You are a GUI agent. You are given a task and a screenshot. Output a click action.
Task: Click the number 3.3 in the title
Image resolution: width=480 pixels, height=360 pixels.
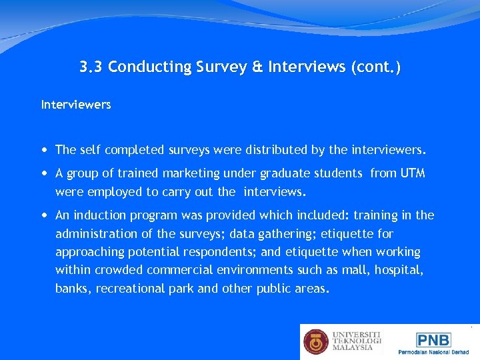pos(91,67)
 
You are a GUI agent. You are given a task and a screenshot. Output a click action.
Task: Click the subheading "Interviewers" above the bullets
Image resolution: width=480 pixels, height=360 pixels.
pos(76,105)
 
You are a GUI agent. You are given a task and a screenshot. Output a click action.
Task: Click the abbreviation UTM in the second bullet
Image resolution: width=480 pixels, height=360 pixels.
pos(412,173)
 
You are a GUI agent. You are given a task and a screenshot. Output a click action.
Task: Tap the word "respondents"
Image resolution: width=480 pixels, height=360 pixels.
pos(217,252)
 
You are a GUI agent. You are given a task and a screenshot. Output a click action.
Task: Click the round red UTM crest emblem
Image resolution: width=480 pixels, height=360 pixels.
pos(317,341)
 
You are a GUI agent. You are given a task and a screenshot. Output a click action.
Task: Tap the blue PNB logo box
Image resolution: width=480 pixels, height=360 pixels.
pos(434,339)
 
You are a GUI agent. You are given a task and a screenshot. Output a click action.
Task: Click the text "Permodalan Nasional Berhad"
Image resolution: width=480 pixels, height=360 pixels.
pos(434,351)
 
